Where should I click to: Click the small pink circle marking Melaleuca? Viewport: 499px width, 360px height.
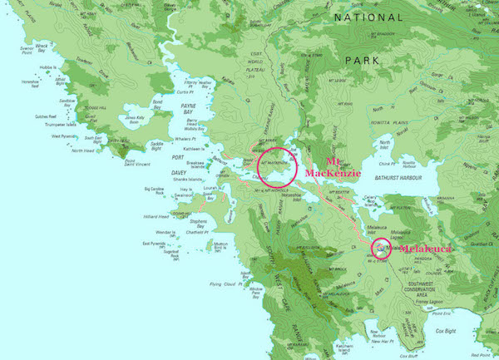(x=381, y=247)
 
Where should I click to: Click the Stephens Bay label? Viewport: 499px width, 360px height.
(x=198, y=223)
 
